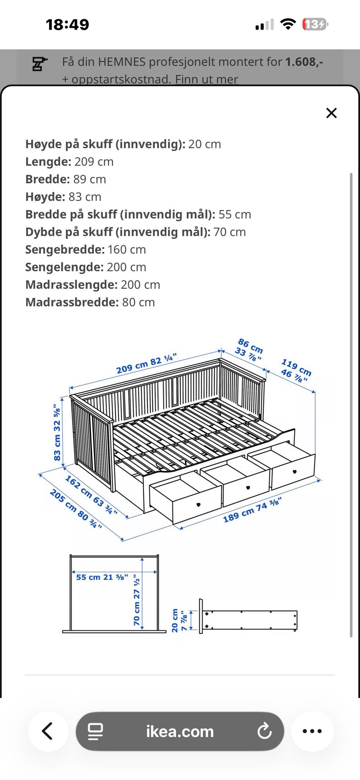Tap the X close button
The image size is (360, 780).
coord(331,113)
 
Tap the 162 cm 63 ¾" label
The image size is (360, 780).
coord(91,495)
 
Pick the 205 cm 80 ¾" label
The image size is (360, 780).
coord(75,509)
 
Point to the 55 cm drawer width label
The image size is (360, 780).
coord(102,577)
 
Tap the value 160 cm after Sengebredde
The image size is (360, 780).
coord(126,250)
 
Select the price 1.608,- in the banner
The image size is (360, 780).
coord(304,62)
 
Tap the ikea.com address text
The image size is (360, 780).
coord(180,731)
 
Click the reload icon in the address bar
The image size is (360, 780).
coord(264,731)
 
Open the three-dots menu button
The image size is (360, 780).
coord(312,731)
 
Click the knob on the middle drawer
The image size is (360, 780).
coord(247,487)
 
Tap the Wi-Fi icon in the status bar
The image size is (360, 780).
coord(288,25)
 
